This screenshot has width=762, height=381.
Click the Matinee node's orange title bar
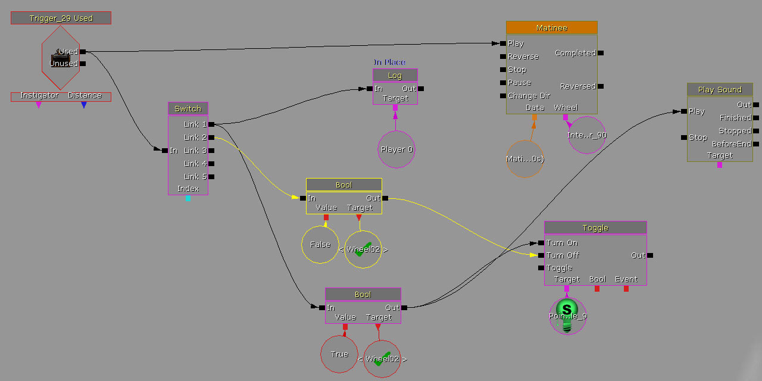pos(551,28)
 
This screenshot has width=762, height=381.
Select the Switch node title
pos(188,108)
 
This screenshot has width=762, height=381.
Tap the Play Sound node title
pos(720,90)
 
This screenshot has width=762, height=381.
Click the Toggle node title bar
pos(595,228)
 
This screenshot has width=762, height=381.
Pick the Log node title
pos(395,76)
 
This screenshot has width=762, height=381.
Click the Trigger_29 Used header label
pos(61,18)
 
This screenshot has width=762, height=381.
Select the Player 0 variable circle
pos(396,149)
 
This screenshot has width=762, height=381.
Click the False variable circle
pos(320,245)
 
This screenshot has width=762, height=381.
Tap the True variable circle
pos(339,354)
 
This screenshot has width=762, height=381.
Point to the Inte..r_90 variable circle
pos(586,135)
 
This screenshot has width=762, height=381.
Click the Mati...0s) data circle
pos(525,159)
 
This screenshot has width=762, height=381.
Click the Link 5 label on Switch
pos(195,177)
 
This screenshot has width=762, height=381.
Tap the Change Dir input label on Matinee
pos(529,96)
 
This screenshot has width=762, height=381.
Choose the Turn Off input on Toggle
pos(563,255)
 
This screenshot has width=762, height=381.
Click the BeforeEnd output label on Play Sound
pos(731,144)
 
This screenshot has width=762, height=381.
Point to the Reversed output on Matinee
pos(577,86)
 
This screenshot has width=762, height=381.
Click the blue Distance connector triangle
pos(84,105)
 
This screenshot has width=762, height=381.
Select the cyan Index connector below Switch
pos(188,198)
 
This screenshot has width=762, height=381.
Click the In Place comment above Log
pos(389,62)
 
